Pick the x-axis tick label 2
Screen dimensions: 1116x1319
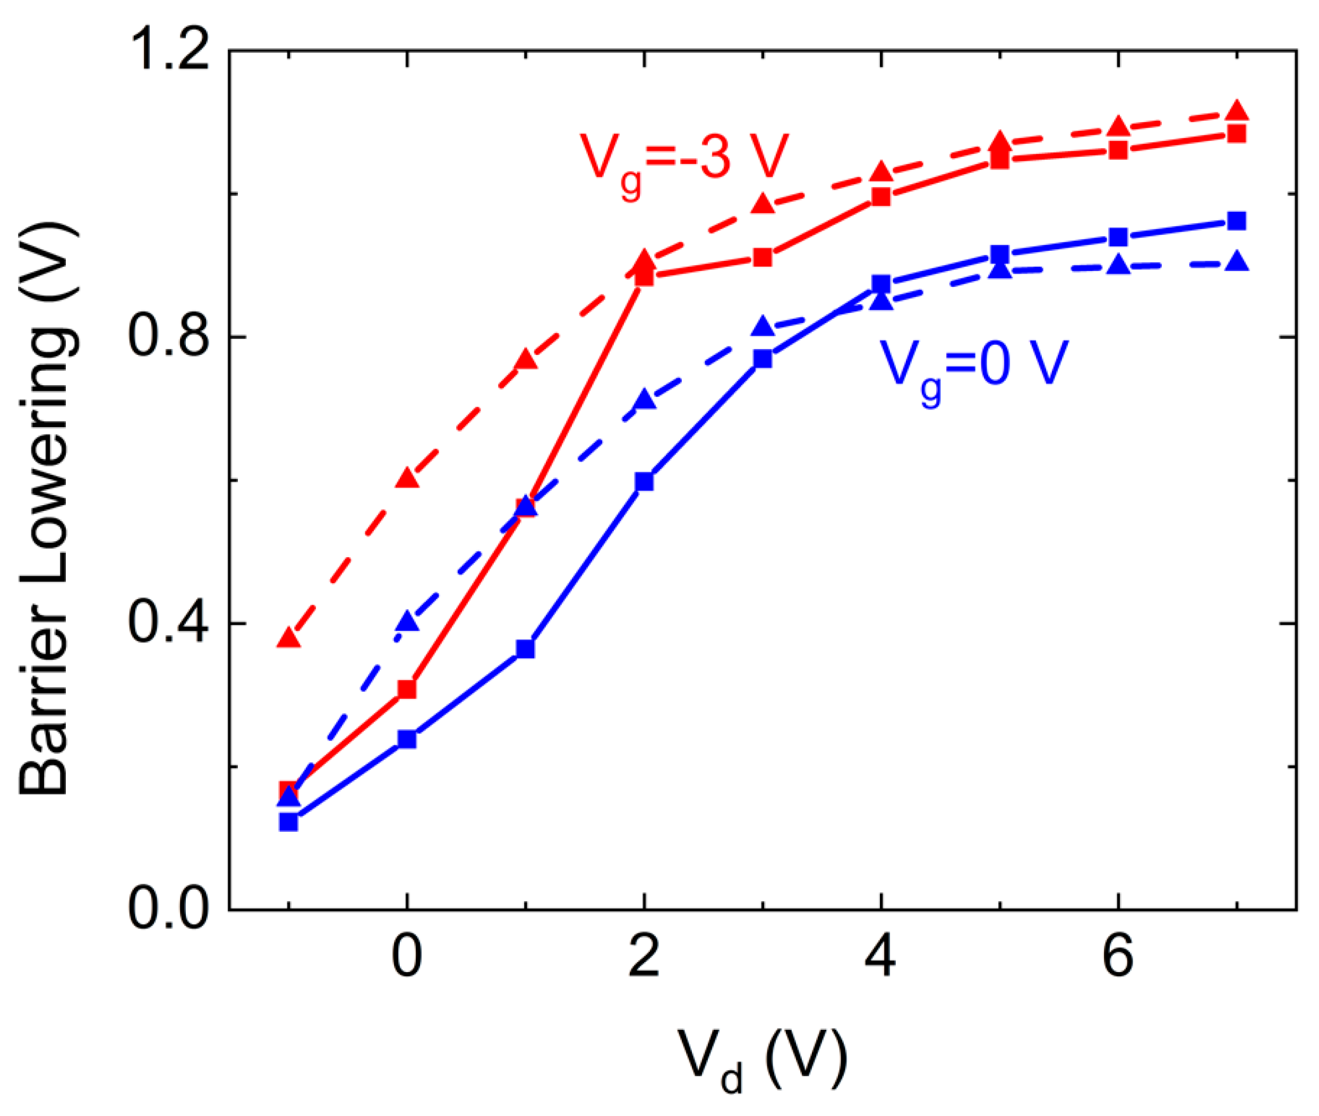tap(644, 957)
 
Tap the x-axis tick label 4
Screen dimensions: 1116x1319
tap(881, 957)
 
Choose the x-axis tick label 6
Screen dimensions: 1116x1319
tap(1118, 957)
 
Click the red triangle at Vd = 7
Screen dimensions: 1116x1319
tap(1237, 110)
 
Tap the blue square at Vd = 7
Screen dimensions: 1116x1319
tap(1237, 221)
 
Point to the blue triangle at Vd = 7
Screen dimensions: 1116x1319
tap(1237, 261)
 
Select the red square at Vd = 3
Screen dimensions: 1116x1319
tap(763, 258)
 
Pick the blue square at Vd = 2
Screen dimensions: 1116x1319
tap(644, 481)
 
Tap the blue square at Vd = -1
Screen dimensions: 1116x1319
tap(289, 822)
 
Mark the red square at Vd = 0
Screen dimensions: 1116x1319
tap(407, 689)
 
